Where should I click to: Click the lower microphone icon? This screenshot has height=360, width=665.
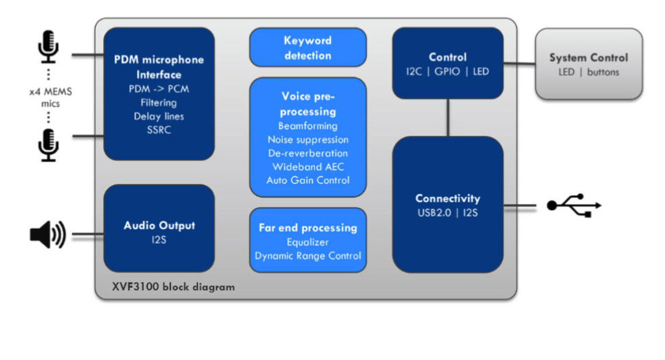pyautogui.click(x=48, y=145)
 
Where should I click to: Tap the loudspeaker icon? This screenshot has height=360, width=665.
pyautogui.click(x=47, y=235)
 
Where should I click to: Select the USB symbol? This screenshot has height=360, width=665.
pyautogui.click(x=573, y=205)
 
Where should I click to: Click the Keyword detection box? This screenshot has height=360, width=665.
pyautogui.click(x=308, y=48)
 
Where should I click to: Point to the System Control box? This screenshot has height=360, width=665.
pyautogui.click(x=589, y=64)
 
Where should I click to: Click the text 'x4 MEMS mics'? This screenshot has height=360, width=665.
pyautogui.click(x=48, y=97)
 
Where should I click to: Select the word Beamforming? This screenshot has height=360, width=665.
pyautogui.click(x=308, y=126)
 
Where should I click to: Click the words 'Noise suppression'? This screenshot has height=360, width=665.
pyautogui.click(x=308, y=139)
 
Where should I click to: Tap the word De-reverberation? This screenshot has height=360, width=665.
pyautogui.click(x=308, y=153)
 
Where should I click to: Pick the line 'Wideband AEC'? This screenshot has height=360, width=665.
pyautogui.click(x=308, y=167)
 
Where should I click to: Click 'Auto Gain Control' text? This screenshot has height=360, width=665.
pyautogui.click(x=308, y=180)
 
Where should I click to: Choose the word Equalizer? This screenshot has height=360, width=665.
pyautogui.click(x=308, y=242)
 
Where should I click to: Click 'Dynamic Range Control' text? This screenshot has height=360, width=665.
pyautogui.click(x=308, y=256)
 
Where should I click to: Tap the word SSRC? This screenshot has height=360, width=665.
pyautogui.click(x=159, y=130)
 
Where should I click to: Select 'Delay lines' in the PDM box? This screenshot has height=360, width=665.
pyautogui.click(x=159, y=116)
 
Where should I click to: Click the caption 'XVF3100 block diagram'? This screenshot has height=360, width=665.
pyautogui.click(x=173, y=287)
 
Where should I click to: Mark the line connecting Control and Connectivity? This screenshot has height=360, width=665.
pyautogui.click(x=448, y=118)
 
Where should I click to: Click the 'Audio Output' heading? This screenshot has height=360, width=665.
pyautogui.click(x=159, y=225)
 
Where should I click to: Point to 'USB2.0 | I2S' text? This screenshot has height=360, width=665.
pyautogui.click(x=448, y=213)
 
